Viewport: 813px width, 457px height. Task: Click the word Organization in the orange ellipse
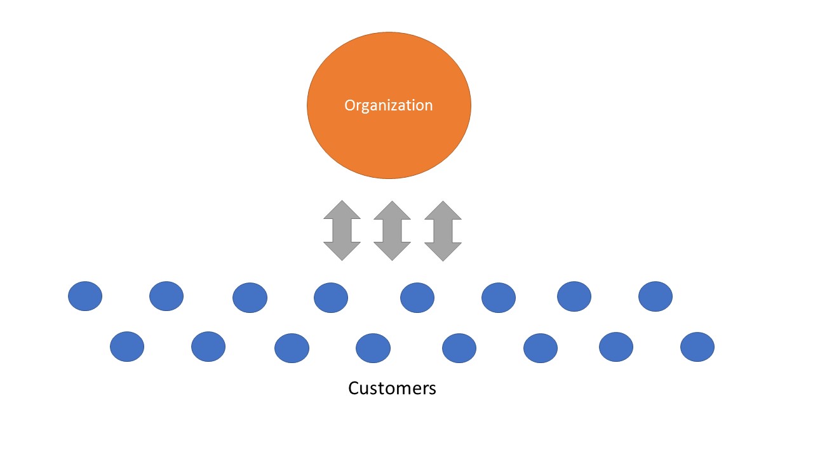[388, 105]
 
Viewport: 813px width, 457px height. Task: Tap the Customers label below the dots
[392, 388]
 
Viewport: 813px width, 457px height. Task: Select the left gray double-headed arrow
[342, 231]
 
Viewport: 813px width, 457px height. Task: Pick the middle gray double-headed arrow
[392, 231]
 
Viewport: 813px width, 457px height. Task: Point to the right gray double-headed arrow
[443, 231]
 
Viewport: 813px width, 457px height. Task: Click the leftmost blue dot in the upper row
[85, 296]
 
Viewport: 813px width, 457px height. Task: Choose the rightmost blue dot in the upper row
[655, 296]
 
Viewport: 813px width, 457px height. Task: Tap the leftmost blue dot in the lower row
[127, 347]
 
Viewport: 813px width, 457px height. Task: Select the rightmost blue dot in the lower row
[697, 347]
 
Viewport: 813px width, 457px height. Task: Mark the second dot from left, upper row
[166, 296]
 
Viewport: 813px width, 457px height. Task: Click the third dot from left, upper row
[250, 298]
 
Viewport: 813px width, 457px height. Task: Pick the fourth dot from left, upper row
[331, 298]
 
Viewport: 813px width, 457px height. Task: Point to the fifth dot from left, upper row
[417, 298]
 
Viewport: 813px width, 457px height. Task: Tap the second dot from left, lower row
[208, 347]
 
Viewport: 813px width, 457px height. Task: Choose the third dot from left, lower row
[292, 348]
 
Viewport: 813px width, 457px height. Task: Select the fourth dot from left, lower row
[373, 348]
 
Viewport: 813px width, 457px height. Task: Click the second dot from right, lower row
[616, 347]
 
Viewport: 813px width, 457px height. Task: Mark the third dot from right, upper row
[499, 298]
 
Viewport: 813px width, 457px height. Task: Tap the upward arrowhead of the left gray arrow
[342, 211]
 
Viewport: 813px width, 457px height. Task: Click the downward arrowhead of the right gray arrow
[443, 251]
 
